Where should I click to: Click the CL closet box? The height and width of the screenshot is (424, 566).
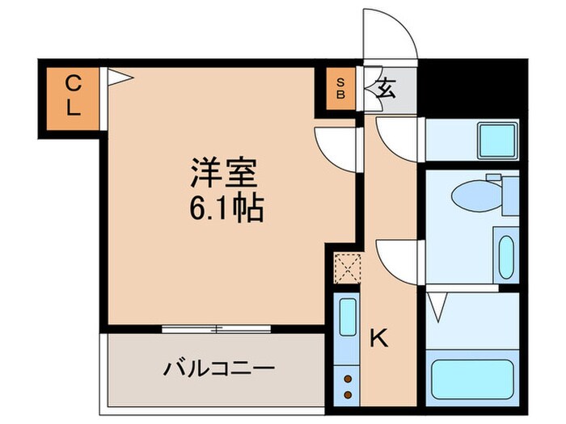coord(73,95)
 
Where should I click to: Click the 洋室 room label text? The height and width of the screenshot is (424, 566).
coord(223,174)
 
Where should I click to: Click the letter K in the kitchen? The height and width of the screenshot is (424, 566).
coord(378,338)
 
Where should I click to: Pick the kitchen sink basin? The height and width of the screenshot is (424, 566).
coord(348,317)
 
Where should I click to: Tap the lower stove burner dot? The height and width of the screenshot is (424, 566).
coord(348,394)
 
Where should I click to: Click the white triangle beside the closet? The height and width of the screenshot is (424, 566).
coord(118,77)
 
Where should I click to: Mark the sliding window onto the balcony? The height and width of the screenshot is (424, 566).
coord(213,329)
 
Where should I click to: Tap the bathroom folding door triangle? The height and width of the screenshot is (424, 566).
coord(437,306)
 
